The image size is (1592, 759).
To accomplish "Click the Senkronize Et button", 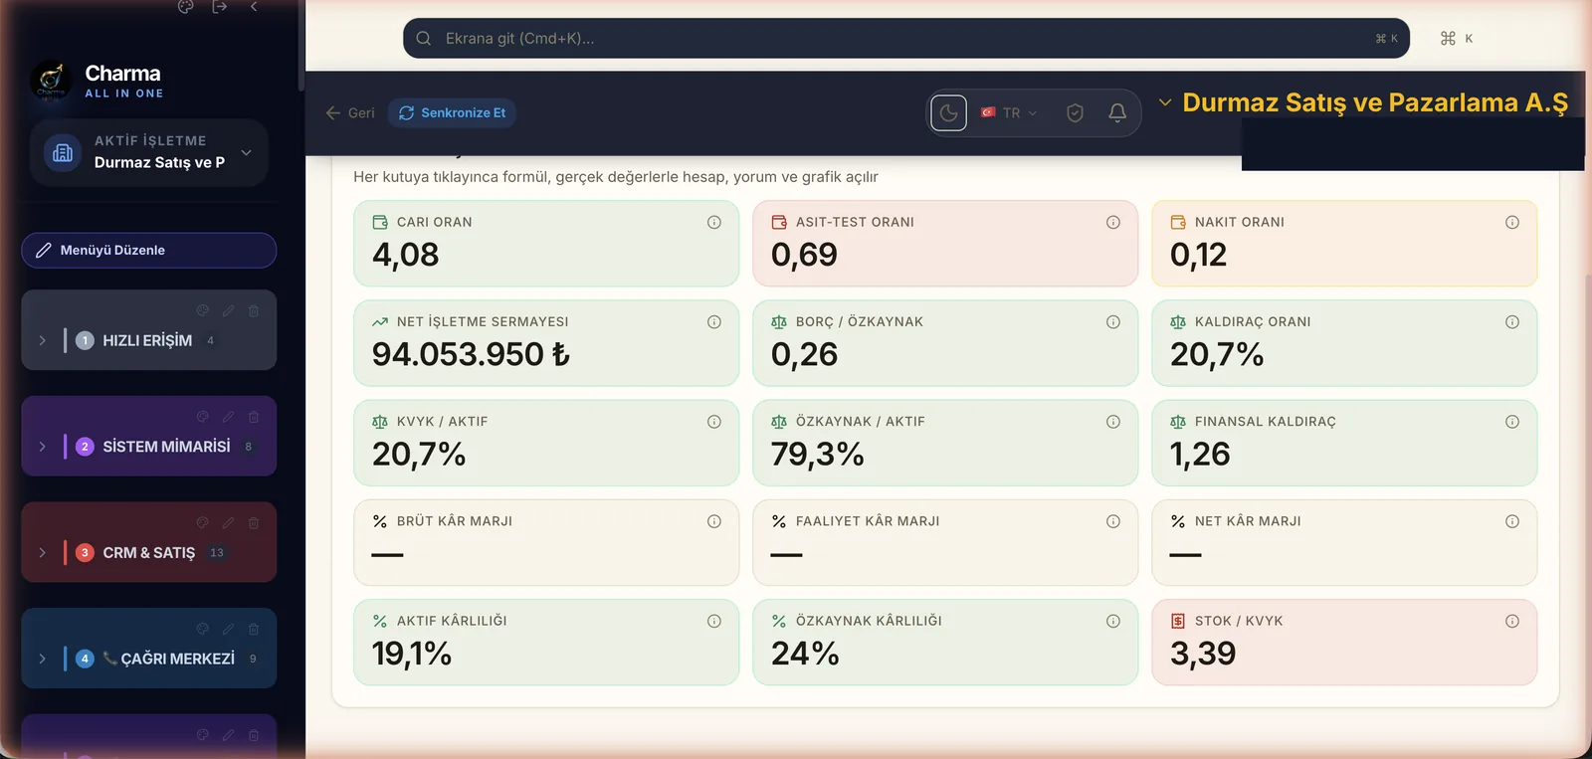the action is coord(452,113).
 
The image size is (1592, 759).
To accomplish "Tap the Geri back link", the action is coord(350,113).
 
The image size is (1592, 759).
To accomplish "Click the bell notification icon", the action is coord(1117,112).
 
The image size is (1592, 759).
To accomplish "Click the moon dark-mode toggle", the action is coord(949,113).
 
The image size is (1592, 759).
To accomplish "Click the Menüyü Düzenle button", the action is coord(148,250).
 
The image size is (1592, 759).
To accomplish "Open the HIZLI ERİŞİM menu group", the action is coord(148,340).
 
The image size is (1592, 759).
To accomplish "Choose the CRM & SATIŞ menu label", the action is coord(148,552).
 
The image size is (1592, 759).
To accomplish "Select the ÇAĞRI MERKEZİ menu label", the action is coord(178,659).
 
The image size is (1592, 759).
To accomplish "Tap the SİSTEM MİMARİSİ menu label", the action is coord(166,447).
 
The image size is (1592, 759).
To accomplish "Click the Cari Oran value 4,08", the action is coord(405,255).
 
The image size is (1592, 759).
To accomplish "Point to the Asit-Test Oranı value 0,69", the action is coord(804,255).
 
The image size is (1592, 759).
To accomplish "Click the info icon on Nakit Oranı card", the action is coord(1512,223).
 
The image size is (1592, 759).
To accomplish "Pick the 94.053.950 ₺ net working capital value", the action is coord(471,354).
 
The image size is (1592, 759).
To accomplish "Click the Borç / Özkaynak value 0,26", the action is coord(804,354).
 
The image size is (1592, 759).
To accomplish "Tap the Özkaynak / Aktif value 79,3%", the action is coord(817,454).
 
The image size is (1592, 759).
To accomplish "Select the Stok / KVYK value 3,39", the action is coord(1203,654).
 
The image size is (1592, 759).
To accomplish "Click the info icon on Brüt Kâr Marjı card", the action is coord(714,521).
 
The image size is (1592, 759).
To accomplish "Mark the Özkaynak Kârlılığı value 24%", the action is coord(805,654).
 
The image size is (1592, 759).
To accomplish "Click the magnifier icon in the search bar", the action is coord(424,39).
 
